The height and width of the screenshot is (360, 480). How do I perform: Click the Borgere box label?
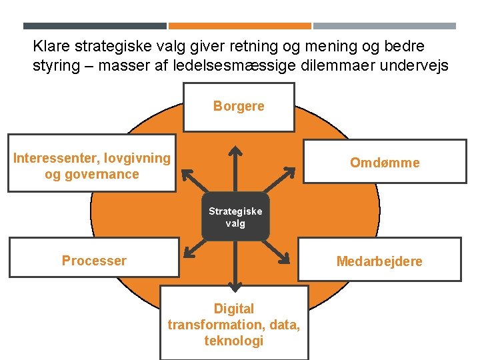239,106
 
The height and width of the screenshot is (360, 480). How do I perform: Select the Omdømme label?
385,163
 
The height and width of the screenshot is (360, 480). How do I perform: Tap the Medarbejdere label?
379,261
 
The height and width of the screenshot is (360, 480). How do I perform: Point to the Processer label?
94,261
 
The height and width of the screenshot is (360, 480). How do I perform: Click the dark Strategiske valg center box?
235,217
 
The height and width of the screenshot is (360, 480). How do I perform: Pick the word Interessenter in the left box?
54,158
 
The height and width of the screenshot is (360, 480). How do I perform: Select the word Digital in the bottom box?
233,309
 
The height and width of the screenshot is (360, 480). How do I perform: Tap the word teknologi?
233,341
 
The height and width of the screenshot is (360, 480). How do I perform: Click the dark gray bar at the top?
95,26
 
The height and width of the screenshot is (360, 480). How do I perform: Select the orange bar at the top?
239,26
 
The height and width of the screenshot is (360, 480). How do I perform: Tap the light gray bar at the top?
384,26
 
